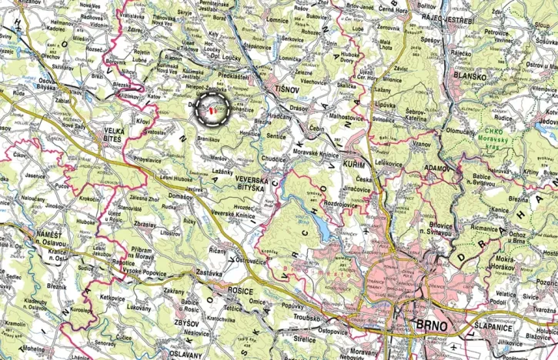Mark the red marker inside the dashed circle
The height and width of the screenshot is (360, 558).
[211, 110]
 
